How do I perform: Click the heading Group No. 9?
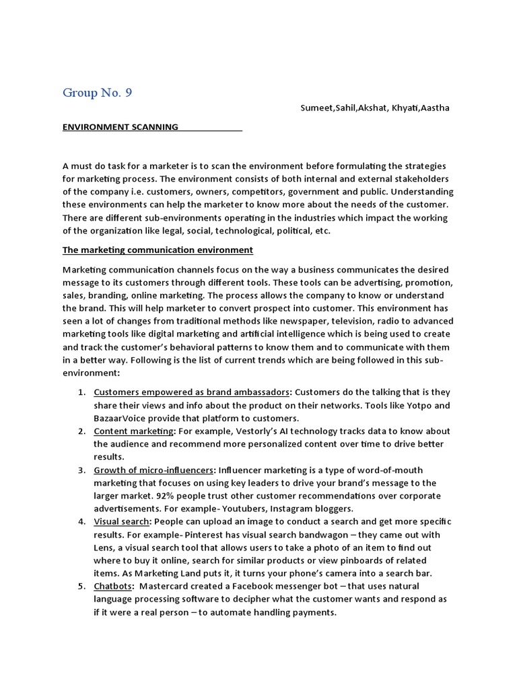coord(97,93)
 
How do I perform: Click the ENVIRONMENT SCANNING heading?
coord(120,126)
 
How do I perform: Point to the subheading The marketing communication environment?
coord(158,250)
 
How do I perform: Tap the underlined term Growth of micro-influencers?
coord(154,470)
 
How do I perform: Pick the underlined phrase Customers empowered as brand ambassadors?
coord(192,392)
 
